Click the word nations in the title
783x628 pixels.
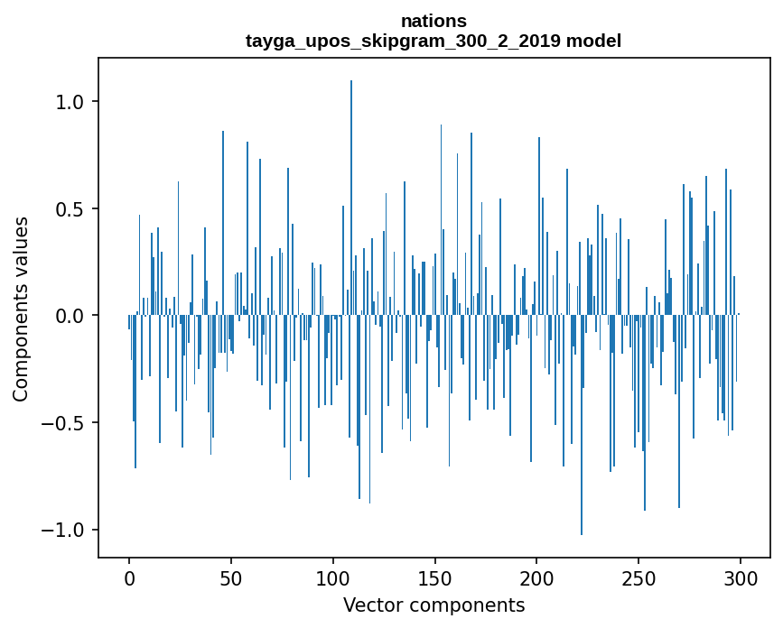[x=433, y=21]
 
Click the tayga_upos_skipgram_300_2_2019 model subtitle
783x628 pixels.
[x=433, y=41]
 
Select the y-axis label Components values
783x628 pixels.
[x=20, y=309]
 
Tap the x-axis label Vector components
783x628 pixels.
[x=433, y=605]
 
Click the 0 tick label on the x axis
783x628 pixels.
[x=129, y=577]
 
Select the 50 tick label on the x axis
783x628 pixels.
[x=231, y=577]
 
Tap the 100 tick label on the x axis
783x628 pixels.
[x=333, y=577]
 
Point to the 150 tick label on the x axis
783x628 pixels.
[x=435, y=577]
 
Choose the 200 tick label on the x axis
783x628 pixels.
[x=537, y=577]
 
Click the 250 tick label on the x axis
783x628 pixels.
[x=639, y=577]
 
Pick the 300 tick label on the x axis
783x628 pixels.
[x=741, y=577]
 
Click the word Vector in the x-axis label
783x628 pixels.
[x=368, y=605]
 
